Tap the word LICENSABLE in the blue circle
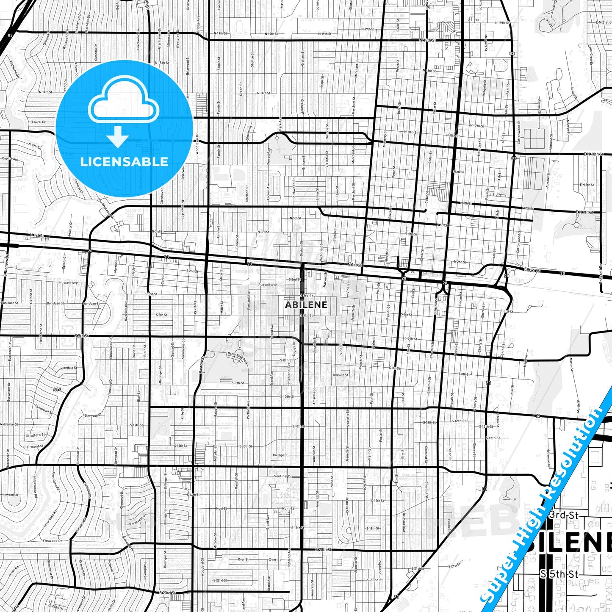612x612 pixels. [124, 162]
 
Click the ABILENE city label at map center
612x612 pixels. [306, 305]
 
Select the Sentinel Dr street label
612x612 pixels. [283, 476]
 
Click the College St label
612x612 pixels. [280, 455]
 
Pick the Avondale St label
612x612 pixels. [68, 368]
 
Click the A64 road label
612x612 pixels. [57, 389]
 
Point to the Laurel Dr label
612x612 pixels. [38, 122]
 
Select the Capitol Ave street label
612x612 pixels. [10, 159]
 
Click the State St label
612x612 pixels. [459, 172]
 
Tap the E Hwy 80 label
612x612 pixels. [532, 270]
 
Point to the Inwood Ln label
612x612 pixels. [11, 494]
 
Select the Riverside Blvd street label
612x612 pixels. [126, 311]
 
